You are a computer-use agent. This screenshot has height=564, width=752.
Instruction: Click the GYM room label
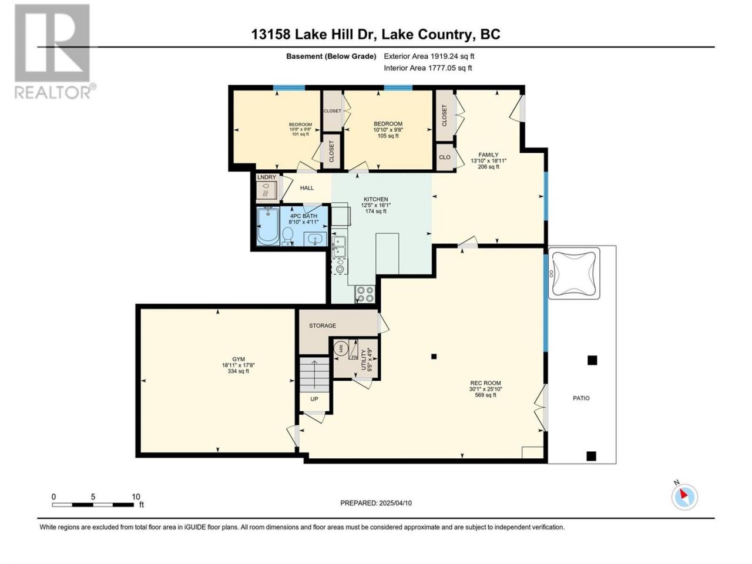[x=238, y=359]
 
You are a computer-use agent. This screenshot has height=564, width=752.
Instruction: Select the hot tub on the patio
[x=574, y=273]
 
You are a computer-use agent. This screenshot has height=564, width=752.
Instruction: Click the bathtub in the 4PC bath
[x=268, y=226]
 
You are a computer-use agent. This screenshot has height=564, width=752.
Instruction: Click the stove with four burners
[x=365, y=294]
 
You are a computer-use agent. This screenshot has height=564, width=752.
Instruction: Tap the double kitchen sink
[x=339, y=247]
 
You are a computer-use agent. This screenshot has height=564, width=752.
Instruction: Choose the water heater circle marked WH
[x=341, y=349]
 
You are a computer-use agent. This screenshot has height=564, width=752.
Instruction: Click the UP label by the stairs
[x=314, y=398]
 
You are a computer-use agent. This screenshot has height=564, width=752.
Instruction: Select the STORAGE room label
[x=323, y=325]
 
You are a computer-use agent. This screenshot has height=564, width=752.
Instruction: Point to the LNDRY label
[x=267, y=177]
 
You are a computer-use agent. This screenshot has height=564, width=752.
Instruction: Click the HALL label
[x=307, y=187]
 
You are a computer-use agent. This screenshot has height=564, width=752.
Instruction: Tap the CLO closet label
[x=444, y=157]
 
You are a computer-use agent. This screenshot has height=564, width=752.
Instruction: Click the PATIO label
[x=581, y=398]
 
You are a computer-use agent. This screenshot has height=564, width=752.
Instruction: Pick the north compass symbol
[x=684, y=496]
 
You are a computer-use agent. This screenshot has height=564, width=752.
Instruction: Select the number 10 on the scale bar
[x=136, y=496]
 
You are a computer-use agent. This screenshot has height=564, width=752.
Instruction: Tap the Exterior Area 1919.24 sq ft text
[x=429, y=56]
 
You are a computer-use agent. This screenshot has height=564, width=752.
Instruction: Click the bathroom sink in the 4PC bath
[x=315, y=239]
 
